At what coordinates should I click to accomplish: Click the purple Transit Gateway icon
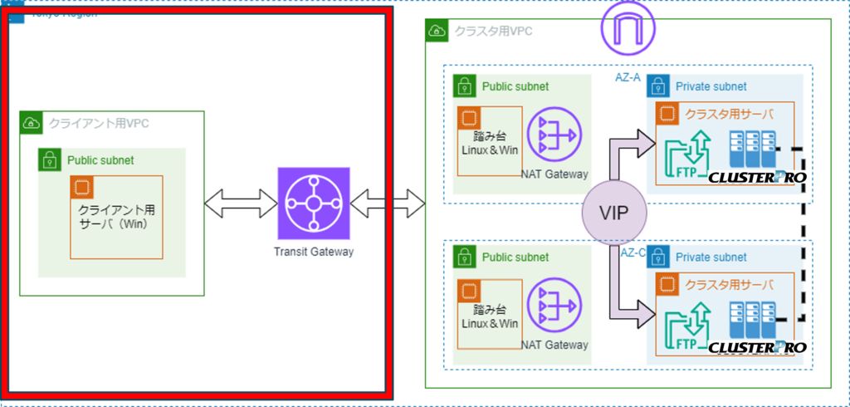pos(315,203)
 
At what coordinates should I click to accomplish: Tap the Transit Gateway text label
pos(315,251)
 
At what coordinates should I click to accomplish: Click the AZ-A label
pos(628,77)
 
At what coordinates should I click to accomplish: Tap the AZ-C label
pos(633,252)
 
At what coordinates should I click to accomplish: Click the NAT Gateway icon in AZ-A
pos(555,134)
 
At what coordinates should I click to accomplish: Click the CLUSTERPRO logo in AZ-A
pos(757,177)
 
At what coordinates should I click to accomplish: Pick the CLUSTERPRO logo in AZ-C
pos(757,347)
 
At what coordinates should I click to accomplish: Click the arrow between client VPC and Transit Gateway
pos(240,203)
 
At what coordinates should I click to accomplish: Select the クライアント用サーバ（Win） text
pos(117,218)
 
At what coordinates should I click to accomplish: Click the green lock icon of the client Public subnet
pos(50,160)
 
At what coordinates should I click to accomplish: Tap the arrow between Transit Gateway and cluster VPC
pos(388,203)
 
